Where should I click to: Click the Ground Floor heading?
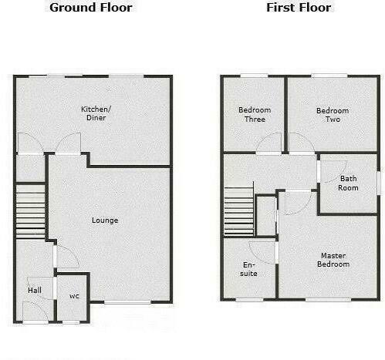(91, 8)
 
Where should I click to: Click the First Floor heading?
(299, 8)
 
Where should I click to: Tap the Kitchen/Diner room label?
(96, 114)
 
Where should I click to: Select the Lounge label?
(105, 220)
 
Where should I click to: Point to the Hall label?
(35, 290)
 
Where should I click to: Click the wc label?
(74, 295)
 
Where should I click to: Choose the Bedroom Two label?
(333, 115)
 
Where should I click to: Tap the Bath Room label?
(349, 183)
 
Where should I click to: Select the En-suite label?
(249, 268)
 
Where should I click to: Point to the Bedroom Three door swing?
(270, 143)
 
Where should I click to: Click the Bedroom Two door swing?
(299, 143)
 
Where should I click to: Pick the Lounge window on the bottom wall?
(127, 301)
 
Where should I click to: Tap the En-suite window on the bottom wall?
(249, 299)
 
